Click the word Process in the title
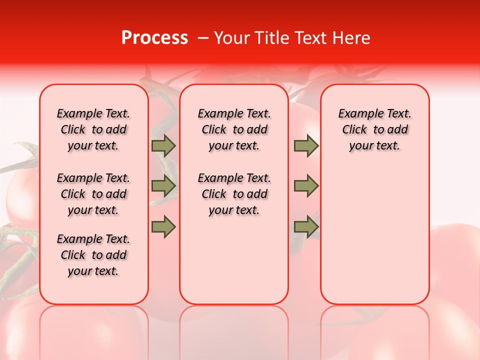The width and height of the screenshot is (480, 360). coord(154,38)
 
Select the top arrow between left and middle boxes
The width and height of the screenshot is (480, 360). coord(163,146)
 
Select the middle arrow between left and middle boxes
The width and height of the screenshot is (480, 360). coord(163,186)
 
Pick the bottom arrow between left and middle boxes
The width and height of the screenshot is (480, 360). coord(163,227)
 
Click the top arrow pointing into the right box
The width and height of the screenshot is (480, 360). coord(306,146)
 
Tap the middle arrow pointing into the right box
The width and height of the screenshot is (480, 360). coord(306,186)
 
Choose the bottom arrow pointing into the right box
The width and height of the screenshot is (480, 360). coord(306,227)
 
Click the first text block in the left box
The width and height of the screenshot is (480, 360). coord(93,129)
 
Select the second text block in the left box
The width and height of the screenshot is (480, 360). coord(93,194)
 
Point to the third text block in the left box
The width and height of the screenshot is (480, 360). coord(93,255)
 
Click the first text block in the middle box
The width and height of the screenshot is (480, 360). coord(234,129)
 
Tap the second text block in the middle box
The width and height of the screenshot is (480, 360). coord(234,194)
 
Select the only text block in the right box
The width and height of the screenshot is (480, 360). coord(375,129)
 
